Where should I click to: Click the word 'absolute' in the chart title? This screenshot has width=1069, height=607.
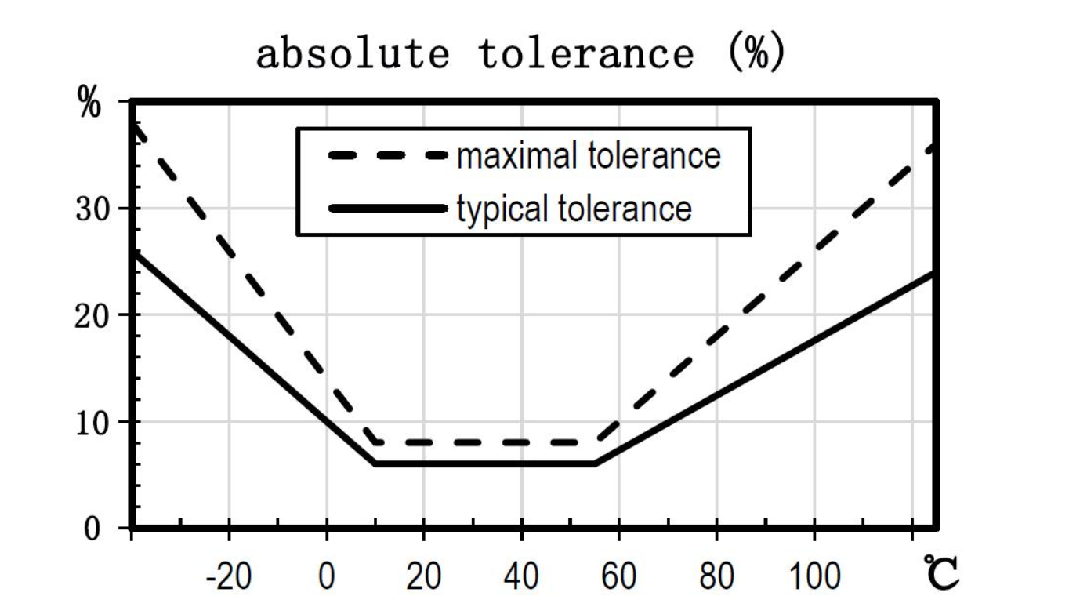(x=353, y=54)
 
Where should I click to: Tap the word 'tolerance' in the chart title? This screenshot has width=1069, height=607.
(x=586, y=54)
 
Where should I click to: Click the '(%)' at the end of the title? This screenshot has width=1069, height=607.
(x=755, y=54)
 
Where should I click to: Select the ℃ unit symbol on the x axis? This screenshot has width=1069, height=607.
(x=940, y=573)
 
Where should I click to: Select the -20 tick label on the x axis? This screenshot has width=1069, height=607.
(x=228, y=577)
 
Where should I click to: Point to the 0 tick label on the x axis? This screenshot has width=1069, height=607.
(x=327, y=577)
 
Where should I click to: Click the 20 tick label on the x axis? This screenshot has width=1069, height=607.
(x=424, y=577)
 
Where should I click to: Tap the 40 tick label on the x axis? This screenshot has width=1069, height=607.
(x=521, y=577)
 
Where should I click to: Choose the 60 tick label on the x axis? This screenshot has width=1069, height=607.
(x=618, y=577)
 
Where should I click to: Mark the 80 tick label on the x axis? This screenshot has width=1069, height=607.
(x=716, y=577)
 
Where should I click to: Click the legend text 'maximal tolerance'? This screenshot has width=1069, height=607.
(x=589, y=156)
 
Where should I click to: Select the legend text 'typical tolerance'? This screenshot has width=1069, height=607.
(x=574, y=209)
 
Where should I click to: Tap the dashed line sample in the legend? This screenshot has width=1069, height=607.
(x=387, y=156)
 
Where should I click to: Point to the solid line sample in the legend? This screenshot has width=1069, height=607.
(x=387, y=209)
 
